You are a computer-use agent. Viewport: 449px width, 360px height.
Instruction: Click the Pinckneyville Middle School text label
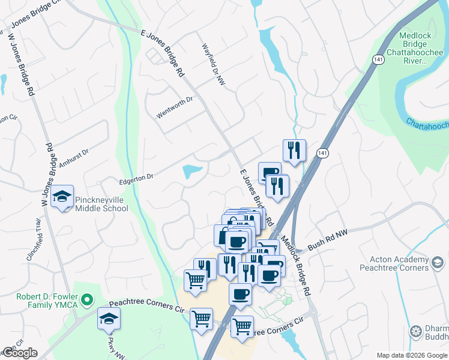(101, 204)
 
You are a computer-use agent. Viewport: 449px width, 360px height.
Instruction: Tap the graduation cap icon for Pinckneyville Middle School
(62, 197)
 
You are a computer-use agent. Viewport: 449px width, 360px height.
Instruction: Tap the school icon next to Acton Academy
(438, 262)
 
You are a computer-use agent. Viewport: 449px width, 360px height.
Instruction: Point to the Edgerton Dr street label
(137, 176)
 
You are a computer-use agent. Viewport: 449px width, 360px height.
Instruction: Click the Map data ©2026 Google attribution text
(412, 355)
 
